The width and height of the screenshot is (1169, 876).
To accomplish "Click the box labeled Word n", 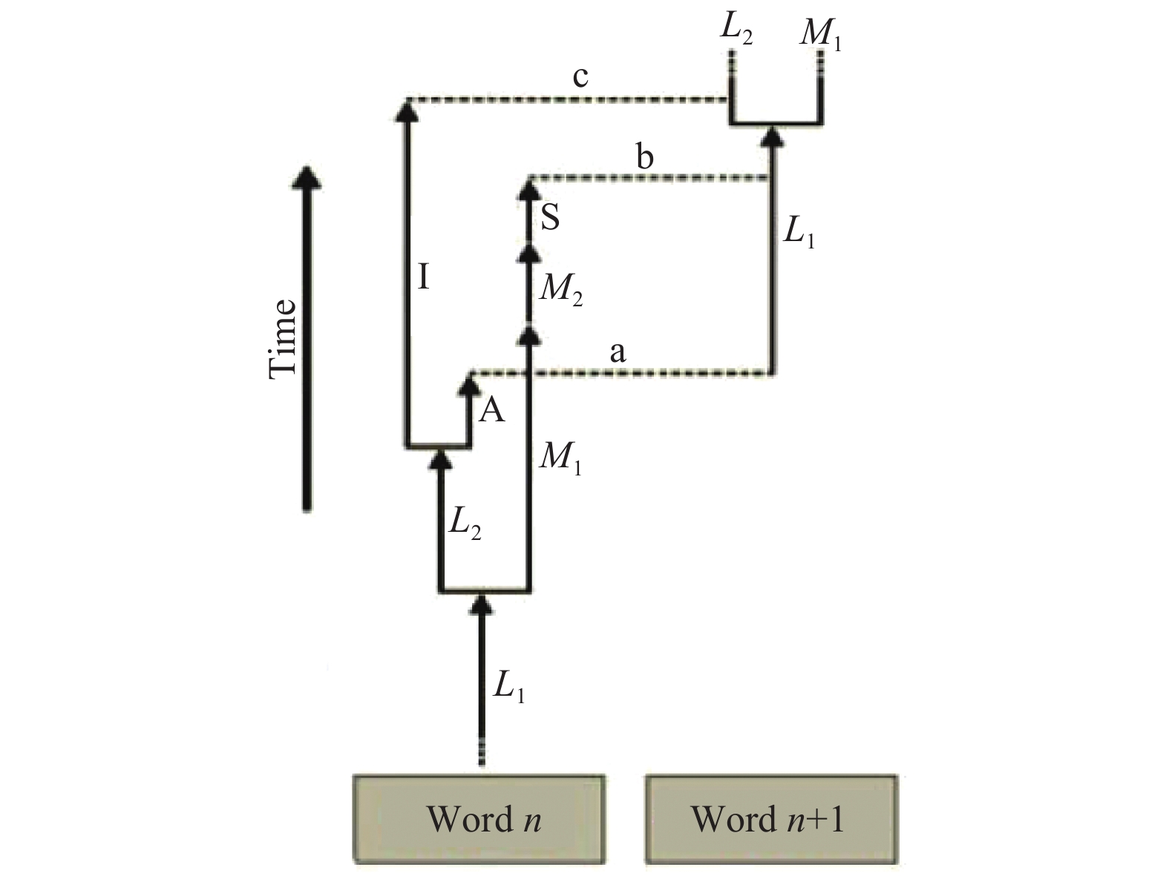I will [479, 819].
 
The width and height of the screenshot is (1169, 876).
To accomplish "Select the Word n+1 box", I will [771, 819].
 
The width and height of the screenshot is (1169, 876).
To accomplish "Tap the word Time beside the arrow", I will [283, 338].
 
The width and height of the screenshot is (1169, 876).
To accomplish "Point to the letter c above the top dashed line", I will [580, 76].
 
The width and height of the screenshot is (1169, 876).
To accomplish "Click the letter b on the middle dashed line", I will [645, 157].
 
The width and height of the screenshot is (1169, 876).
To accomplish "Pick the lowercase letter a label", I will [618, 353].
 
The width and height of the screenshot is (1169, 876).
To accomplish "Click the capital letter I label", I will [423, 278].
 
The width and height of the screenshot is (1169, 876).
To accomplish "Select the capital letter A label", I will [491, 409].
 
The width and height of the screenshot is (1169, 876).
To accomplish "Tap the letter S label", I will [550, 218].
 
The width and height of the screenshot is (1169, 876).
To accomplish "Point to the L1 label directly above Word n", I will [508, 688].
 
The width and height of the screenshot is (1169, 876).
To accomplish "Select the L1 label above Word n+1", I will [799, 234].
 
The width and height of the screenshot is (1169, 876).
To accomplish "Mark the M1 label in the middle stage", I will [560, 458].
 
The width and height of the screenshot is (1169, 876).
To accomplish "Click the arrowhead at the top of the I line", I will [405, 110].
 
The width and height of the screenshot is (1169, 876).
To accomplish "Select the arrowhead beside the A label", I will [469, 384].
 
